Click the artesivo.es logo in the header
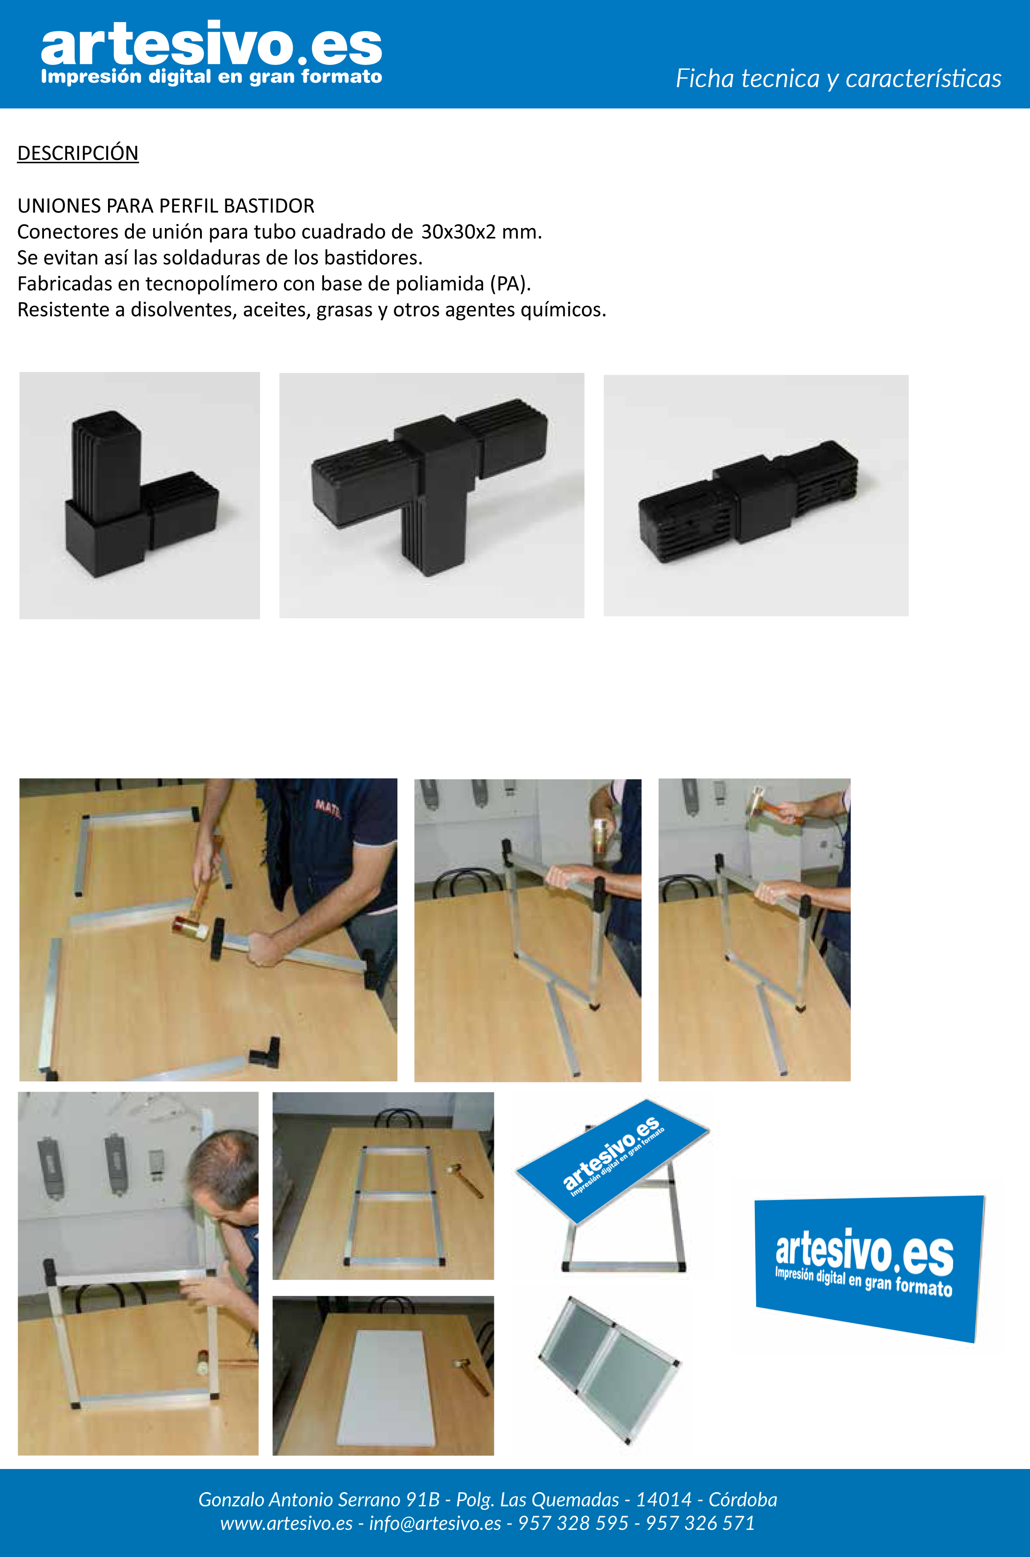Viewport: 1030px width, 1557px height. (211, 52)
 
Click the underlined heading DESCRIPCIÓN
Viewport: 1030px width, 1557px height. (77, 153)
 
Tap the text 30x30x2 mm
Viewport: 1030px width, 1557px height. (481, 232)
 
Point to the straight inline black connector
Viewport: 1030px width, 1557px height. (749, 501)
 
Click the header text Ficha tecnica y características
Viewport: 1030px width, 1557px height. (838, 78)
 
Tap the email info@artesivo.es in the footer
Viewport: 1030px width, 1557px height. (435, 1523)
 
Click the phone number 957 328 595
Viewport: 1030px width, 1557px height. (573, 1523)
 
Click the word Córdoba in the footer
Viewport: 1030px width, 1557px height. (742, 1499)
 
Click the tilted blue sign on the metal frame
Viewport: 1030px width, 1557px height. (612, 1161)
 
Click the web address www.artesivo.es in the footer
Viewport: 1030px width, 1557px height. (286, 1523)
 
